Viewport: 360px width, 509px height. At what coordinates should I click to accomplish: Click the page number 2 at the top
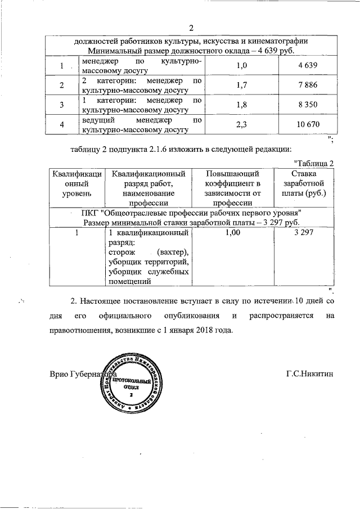[x=191, y=29]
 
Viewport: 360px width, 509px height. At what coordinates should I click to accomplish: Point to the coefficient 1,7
[x=242, y=85]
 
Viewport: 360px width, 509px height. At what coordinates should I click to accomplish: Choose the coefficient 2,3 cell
[x=242, y=124]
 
